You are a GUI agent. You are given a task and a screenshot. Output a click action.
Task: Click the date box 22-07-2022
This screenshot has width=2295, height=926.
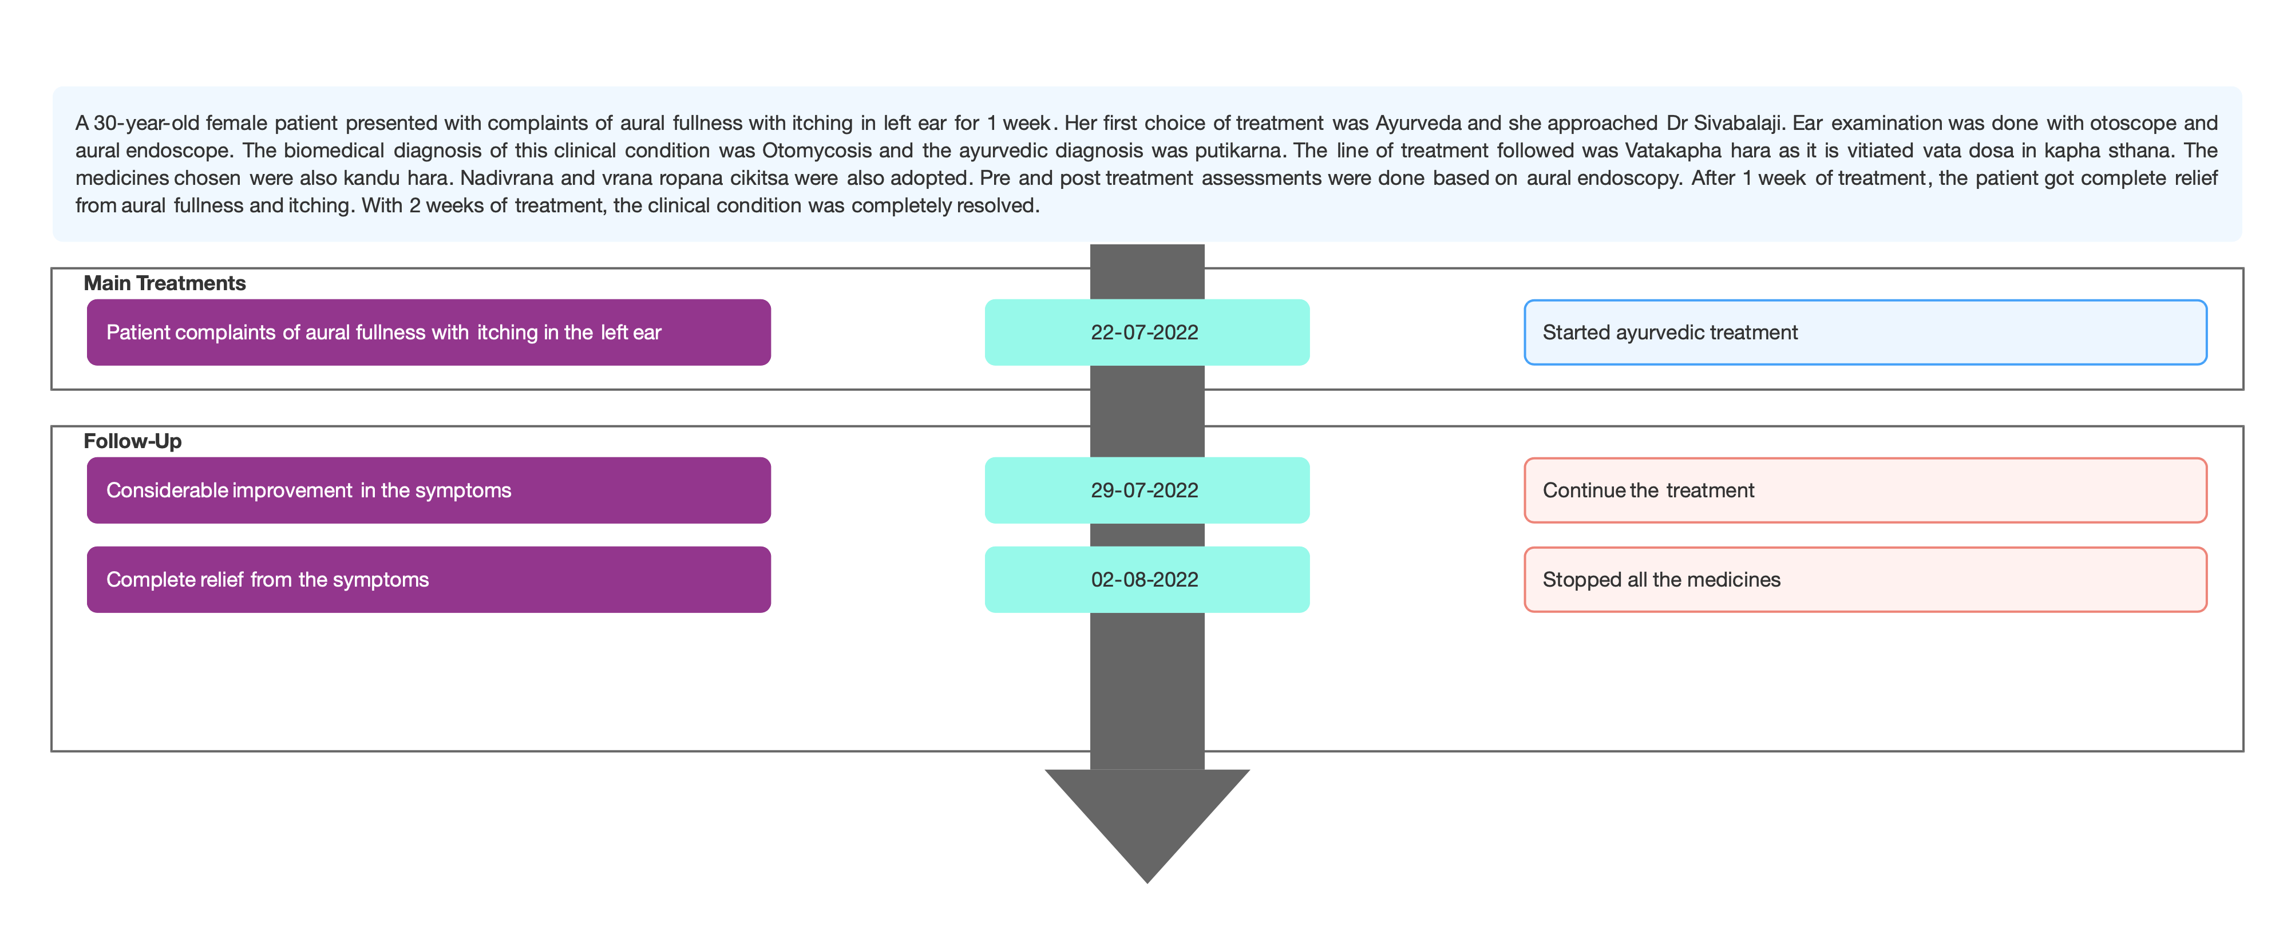(1146, 333)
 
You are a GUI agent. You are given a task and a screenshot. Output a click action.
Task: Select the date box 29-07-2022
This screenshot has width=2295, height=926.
(1146, 490)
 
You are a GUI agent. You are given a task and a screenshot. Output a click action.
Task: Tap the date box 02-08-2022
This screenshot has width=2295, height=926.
(1146, 579)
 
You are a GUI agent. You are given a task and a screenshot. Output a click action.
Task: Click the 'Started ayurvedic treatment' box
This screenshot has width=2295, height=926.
(1866, 333)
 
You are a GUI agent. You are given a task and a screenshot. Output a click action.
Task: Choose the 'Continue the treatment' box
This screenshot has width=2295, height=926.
(1866, 490)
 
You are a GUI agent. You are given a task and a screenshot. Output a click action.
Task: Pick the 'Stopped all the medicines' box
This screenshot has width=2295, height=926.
(1866, 579)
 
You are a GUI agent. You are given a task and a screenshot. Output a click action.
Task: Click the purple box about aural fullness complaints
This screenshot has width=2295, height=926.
(429, 333)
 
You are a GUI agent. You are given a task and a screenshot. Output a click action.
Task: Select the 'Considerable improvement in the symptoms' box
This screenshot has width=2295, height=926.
(429, 490)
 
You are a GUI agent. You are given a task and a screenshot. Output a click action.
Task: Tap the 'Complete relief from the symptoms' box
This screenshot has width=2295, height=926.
(429, 579)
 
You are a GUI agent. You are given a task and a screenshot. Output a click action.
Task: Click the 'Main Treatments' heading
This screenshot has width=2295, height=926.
(165, 283)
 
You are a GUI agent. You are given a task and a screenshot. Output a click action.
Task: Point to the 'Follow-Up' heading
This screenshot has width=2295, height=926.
(133, 441)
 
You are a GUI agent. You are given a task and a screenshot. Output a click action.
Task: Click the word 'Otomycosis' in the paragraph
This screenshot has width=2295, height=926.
(816, 151)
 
